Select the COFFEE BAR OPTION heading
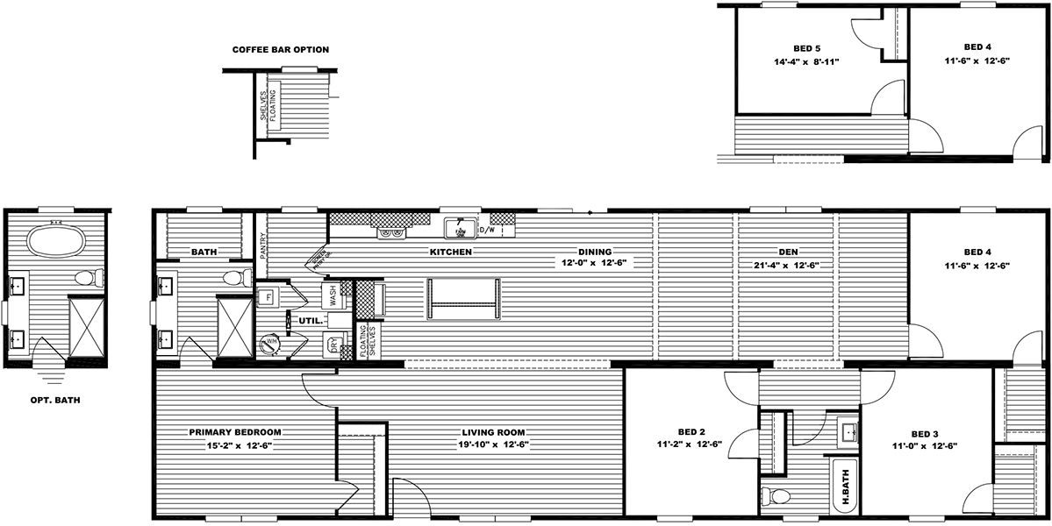(280, 50)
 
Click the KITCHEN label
(451, 252)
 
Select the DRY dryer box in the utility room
(333, 345)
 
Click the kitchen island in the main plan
(463, 300)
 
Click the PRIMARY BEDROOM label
(234, 432)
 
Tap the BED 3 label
(925, 434)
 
